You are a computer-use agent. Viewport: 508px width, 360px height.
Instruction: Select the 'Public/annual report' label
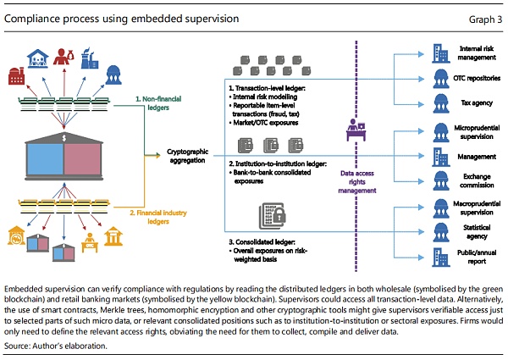point(476,257)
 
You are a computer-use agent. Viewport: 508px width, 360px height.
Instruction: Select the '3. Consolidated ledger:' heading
point(263,243)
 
